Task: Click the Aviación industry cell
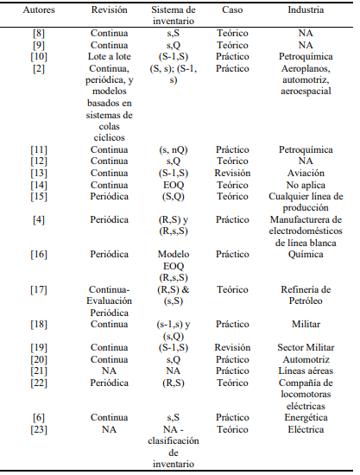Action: coord(305,172)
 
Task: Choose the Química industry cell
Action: coord(305,255)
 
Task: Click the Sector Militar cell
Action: coord(305,347)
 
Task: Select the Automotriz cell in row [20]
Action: coord(305,358)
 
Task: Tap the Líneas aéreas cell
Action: coord(305,370)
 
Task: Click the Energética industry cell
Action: coord(305,417)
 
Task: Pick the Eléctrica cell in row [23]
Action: coord(305,428)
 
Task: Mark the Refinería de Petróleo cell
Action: coord(305,296)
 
